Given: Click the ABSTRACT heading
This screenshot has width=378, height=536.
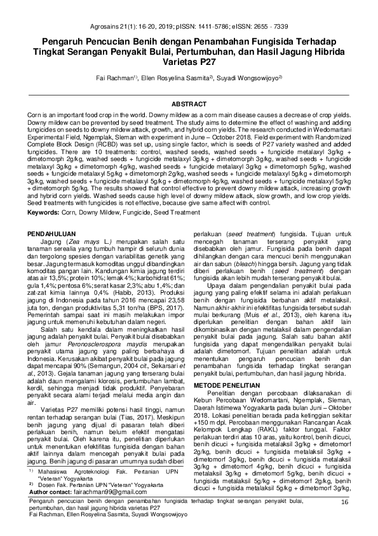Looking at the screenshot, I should coord(189,103).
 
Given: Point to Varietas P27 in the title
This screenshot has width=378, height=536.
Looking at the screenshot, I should coord(189,63).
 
